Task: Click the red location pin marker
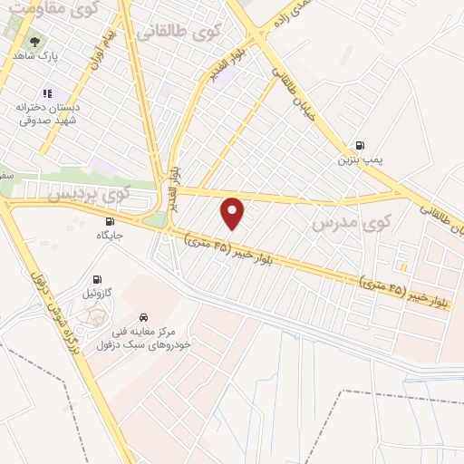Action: pos(233,212)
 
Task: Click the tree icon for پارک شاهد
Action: pos(35,41)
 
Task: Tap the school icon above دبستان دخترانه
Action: pos(47,92)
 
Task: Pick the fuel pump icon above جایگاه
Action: pos(111,221)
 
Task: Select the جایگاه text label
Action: pos(110,236)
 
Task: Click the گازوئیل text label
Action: pos(98,294)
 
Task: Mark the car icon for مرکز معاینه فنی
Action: pos(144,317)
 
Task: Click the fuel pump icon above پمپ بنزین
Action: pos(361,145)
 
